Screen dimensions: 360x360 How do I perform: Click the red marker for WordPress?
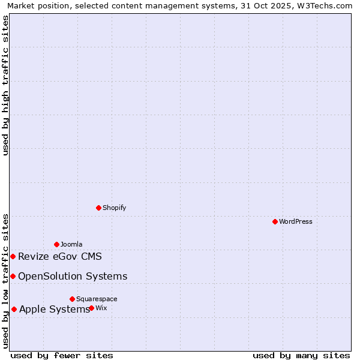coord(275,221)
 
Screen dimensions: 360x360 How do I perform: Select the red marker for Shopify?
coord(98,208)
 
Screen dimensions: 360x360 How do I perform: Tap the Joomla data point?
coord(56,244)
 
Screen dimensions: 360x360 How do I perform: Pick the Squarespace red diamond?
coord(72,299)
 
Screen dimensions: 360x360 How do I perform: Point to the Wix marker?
coord(91,308)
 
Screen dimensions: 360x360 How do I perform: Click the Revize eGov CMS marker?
coord(13,256)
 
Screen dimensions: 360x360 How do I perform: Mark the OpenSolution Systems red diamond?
coord(13,276)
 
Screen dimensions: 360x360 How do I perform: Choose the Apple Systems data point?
coord(14,309)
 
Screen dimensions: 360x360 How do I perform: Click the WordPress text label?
coord(296,221)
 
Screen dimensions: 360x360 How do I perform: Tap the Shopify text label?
coord(114,208)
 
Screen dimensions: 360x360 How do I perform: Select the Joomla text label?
coord(71,244)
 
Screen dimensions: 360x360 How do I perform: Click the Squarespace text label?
coord(97,299)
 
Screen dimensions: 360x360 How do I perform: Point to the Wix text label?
coord(101,308)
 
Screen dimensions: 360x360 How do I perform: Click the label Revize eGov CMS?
coord(60,257)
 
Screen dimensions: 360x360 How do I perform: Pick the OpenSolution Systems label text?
coord(73,276)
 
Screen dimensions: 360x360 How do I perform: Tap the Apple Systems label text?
coord(55,310)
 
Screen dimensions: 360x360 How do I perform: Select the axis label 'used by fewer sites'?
coord(62,355)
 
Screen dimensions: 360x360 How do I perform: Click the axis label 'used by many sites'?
coord(301,355)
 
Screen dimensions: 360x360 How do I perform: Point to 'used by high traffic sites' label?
coord(6,86)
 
